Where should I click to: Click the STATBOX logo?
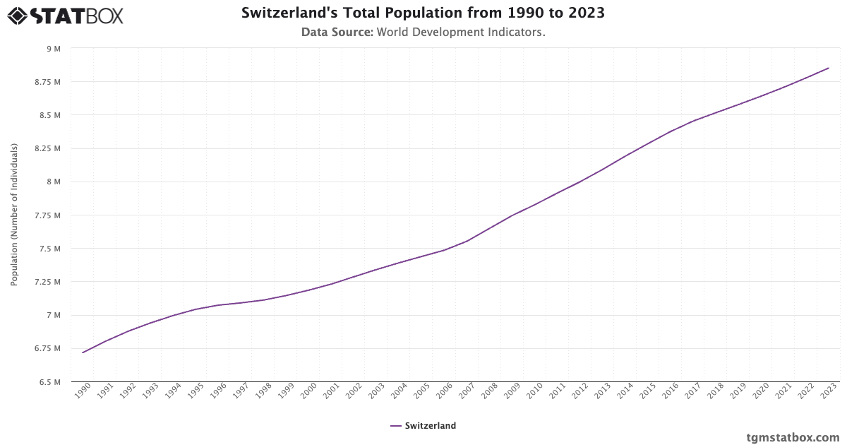point(65,15)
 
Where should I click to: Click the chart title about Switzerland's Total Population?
point(423,13)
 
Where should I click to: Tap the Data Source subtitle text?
point(423,32)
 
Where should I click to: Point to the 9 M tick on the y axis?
point(54,49)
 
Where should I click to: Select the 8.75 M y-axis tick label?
point(48,82)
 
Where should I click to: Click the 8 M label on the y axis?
point(54,182)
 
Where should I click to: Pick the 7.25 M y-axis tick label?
point(48,282)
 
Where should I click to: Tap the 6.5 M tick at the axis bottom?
point(51,382)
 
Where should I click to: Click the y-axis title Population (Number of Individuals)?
point(14,215)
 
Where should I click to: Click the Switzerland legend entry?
point(423,426)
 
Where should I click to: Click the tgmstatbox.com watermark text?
point(793,437)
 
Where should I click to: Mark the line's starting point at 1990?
point(83,352)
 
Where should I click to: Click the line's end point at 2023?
point(829,68)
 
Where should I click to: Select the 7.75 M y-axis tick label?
point(48,215)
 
